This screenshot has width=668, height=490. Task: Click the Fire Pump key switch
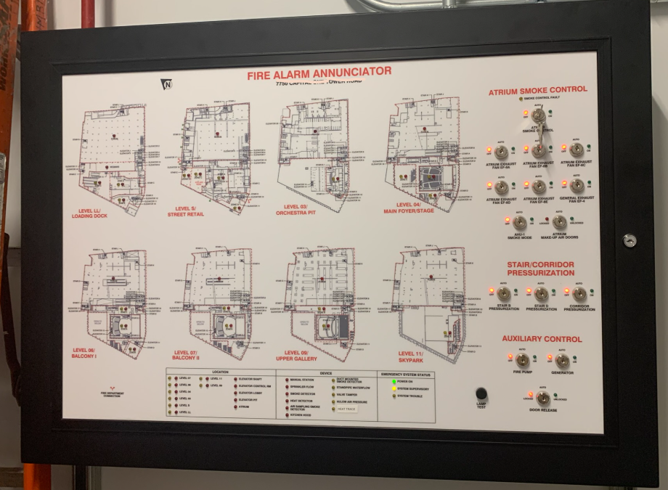tap(522, 361)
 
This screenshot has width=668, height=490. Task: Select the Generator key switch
tap(563, 361)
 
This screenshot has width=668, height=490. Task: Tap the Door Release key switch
tap(542, 399)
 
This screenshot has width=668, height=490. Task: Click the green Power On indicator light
tap(394, 381)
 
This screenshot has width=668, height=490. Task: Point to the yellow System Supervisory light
tap(394, 388)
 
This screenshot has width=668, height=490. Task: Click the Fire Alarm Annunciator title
tap(319, 73)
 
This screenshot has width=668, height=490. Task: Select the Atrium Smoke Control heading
tap(537, 90)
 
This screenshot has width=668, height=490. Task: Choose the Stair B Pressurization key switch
tap(503, 294)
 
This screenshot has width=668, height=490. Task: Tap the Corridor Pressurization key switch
tap(579, 294)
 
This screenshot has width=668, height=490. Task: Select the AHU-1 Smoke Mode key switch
tap(520, 222)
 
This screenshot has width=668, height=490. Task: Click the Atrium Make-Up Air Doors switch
tap(559, 222)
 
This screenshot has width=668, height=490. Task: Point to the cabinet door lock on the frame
tap(630, 240)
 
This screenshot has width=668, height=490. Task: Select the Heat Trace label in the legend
tap(346, 409)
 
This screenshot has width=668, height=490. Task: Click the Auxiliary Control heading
tap(542, 339)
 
